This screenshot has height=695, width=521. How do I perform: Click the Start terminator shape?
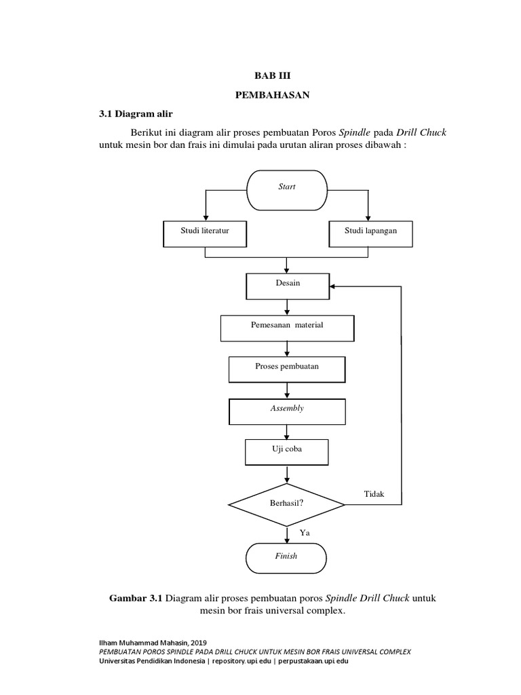(287, 190)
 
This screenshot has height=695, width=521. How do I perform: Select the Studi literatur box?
(205, 234)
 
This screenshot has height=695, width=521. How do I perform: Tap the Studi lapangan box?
(370, 234)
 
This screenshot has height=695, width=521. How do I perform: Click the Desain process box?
(288, 286)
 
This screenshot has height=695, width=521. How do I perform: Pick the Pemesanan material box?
(287, 328)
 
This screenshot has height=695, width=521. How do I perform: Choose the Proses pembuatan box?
(287, 370)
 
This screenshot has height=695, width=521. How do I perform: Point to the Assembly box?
(287, 412)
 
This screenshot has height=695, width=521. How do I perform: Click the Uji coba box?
(287, 452)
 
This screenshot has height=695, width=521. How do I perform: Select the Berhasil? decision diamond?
(287, 505)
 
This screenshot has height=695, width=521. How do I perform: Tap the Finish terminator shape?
(286, 558)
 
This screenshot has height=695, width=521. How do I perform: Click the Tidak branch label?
(374, 494)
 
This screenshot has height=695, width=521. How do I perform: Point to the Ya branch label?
(305, 533)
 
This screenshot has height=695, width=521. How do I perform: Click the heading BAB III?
(273, 76)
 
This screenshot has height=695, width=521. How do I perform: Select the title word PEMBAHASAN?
(273, 95)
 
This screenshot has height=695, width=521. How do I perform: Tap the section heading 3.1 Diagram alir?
(136, 114)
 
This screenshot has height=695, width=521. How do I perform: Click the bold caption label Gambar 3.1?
(136, 599)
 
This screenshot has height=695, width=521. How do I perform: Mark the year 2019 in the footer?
(199, 643)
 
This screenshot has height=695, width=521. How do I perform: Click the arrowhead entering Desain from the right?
(332, 286)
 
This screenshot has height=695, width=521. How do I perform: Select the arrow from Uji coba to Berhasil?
(287, 474)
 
